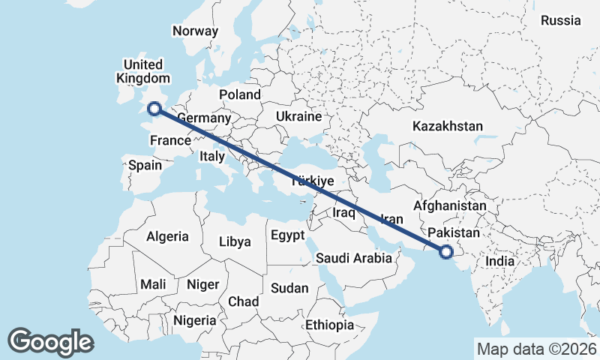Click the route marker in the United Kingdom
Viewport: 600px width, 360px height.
154,109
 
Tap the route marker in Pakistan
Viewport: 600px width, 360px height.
446,252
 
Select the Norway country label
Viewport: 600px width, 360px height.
195,31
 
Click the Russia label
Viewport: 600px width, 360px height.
561,20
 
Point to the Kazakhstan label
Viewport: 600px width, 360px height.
448,127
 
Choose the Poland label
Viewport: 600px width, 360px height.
240,94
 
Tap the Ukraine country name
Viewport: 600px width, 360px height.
298,117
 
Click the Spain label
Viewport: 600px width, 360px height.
145,165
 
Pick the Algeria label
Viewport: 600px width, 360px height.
167,236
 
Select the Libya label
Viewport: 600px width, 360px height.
235,242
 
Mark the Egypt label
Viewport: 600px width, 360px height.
288,235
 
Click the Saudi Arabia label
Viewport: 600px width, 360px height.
354,258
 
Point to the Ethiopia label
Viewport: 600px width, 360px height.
329,325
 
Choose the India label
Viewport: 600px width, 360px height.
499,261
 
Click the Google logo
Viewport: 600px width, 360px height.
50,342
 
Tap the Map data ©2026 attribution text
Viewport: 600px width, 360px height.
536,349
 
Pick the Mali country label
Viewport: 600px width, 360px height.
153,285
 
